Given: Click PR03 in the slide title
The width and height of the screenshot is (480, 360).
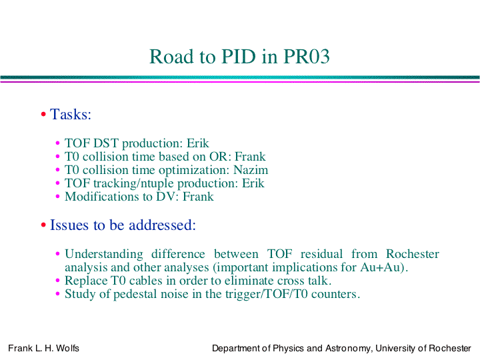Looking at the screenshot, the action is [307, 56].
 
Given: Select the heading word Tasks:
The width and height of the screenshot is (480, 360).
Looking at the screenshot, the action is [71, 115].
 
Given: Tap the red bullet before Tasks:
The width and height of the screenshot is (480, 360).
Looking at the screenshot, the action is [43, 115].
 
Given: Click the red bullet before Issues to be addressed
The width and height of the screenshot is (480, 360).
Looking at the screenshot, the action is [43, 225].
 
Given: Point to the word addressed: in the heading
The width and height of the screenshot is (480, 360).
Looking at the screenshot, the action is [162, 225].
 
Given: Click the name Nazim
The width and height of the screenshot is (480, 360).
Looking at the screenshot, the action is [251, 170].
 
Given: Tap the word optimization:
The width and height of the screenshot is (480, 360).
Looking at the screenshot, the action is [194, 171].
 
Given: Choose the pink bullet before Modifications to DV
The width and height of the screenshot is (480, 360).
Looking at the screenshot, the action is [57, 197].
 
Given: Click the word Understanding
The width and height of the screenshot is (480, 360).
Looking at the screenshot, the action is [104, 255].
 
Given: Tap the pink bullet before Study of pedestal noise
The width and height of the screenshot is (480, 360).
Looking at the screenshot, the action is [57, 294].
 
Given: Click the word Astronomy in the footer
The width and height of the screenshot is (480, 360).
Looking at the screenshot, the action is [349, 349].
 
